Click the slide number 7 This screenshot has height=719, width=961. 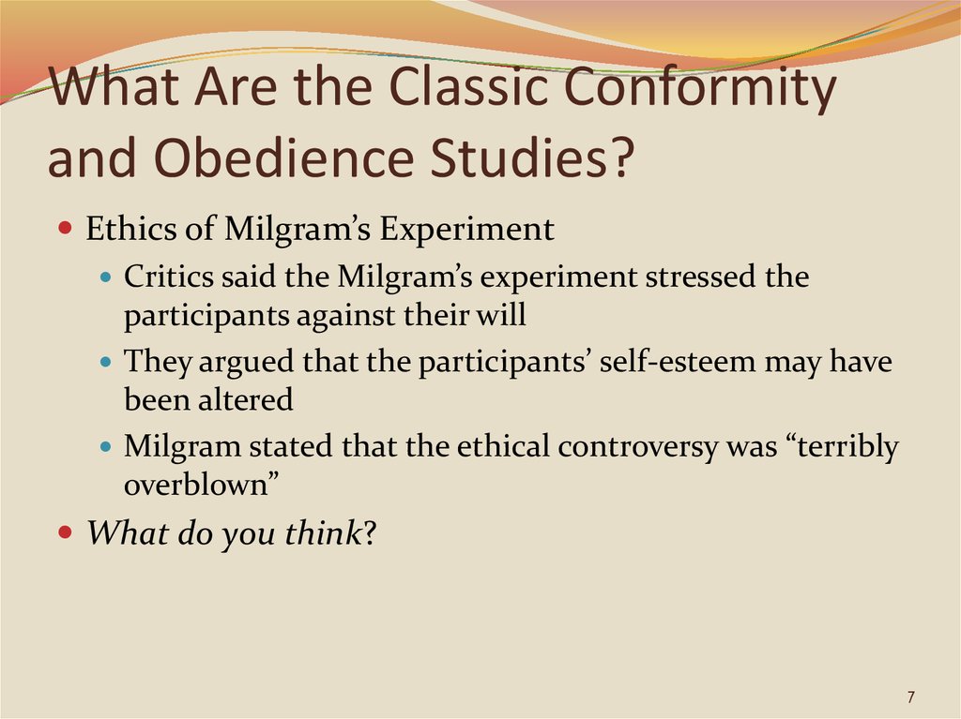point(910,697)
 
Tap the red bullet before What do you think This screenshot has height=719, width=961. point(65,531)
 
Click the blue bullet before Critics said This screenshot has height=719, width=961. point(105,277)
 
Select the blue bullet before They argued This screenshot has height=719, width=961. point(105,362)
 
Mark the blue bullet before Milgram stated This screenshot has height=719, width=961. point(105,446)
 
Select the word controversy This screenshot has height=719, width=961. point(638,446)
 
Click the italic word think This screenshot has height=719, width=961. point(324,532)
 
